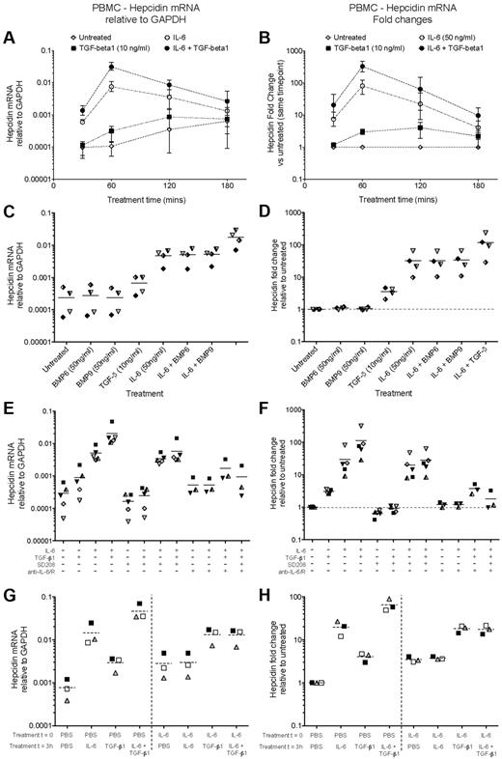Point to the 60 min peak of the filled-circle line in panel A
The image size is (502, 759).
112,67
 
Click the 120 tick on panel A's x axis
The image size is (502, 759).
170,181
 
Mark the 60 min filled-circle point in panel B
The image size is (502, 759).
363,67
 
